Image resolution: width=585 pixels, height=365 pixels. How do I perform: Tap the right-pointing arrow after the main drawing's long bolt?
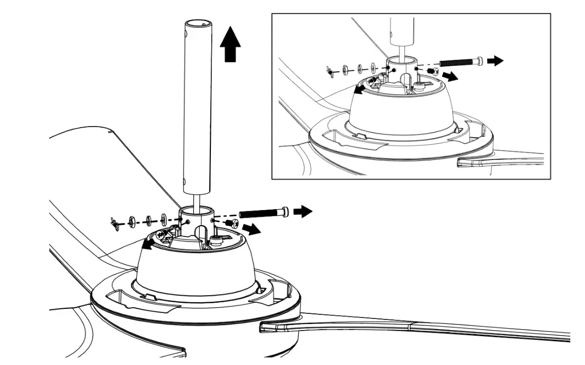point(303,211)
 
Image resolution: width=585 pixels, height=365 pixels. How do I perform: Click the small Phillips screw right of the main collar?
point(232,223)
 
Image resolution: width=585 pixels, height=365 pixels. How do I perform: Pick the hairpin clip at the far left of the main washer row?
point(115,222)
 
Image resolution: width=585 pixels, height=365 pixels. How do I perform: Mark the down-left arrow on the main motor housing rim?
point(148,246)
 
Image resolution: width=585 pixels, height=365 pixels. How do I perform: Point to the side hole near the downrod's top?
point(186,33)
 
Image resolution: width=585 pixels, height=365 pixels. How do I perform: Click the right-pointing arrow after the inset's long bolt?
point(495,61)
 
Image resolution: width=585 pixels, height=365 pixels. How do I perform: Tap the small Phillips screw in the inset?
point(432,71)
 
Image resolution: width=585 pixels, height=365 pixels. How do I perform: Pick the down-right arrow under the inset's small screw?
point(450,76)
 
